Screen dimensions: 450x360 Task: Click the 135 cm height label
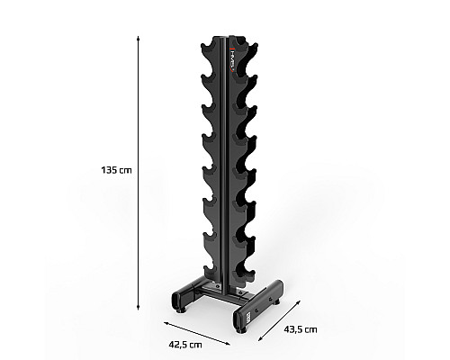point(116,170)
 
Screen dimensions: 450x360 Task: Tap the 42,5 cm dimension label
point(185,345)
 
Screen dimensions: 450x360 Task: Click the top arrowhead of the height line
point(138,39)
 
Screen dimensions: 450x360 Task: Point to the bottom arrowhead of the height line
point(138,307)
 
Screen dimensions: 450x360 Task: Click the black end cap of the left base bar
point(176,299)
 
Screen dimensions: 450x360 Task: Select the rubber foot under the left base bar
point(180,310)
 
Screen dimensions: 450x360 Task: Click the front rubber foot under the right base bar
point(241,330)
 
